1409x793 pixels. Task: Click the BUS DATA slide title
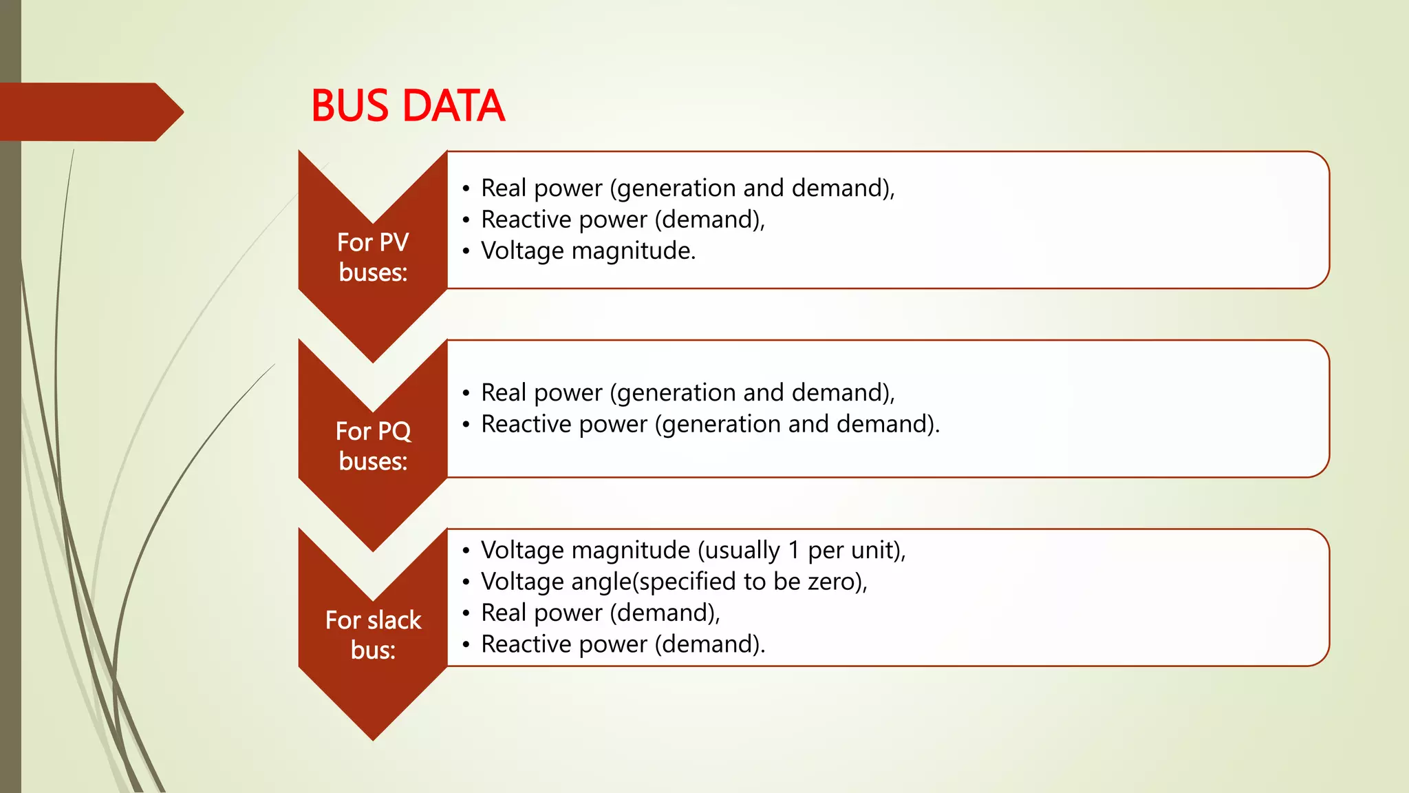click(408, 106)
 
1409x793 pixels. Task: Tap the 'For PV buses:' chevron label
click(373, 257)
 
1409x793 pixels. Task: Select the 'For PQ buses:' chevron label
click(373, 446)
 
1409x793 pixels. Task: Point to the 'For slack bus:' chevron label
click(373, 635)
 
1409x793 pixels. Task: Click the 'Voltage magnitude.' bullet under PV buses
click(588, 251)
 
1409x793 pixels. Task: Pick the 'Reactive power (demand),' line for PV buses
click(623, 220)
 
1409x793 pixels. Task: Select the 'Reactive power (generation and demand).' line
click(710, 424)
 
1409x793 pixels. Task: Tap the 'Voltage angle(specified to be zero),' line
click(674, 582)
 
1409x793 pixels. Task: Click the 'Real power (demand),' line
click(600, 613)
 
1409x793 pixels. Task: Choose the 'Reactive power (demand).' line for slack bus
click(623, 644)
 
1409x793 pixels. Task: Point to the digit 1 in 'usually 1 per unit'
click(794, 551)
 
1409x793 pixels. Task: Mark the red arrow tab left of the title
click(89, 112)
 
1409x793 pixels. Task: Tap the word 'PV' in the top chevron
click(393, 242)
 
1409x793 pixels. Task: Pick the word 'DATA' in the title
click(453, 106)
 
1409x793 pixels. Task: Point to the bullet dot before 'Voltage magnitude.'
click(466, 251)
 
